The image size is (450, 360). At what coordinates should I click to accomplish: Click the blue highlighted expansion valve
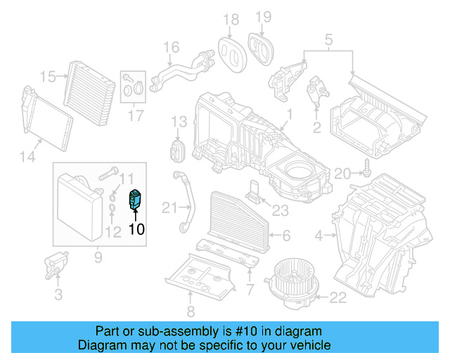point(135,200)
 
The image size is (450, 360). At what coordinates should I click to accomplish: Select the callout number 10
point(136,229)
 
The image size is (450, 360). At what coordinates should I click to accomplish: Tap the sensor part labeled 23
point(254,191)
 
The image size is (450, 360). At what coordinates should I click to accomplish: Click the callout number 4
point(319,235)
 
